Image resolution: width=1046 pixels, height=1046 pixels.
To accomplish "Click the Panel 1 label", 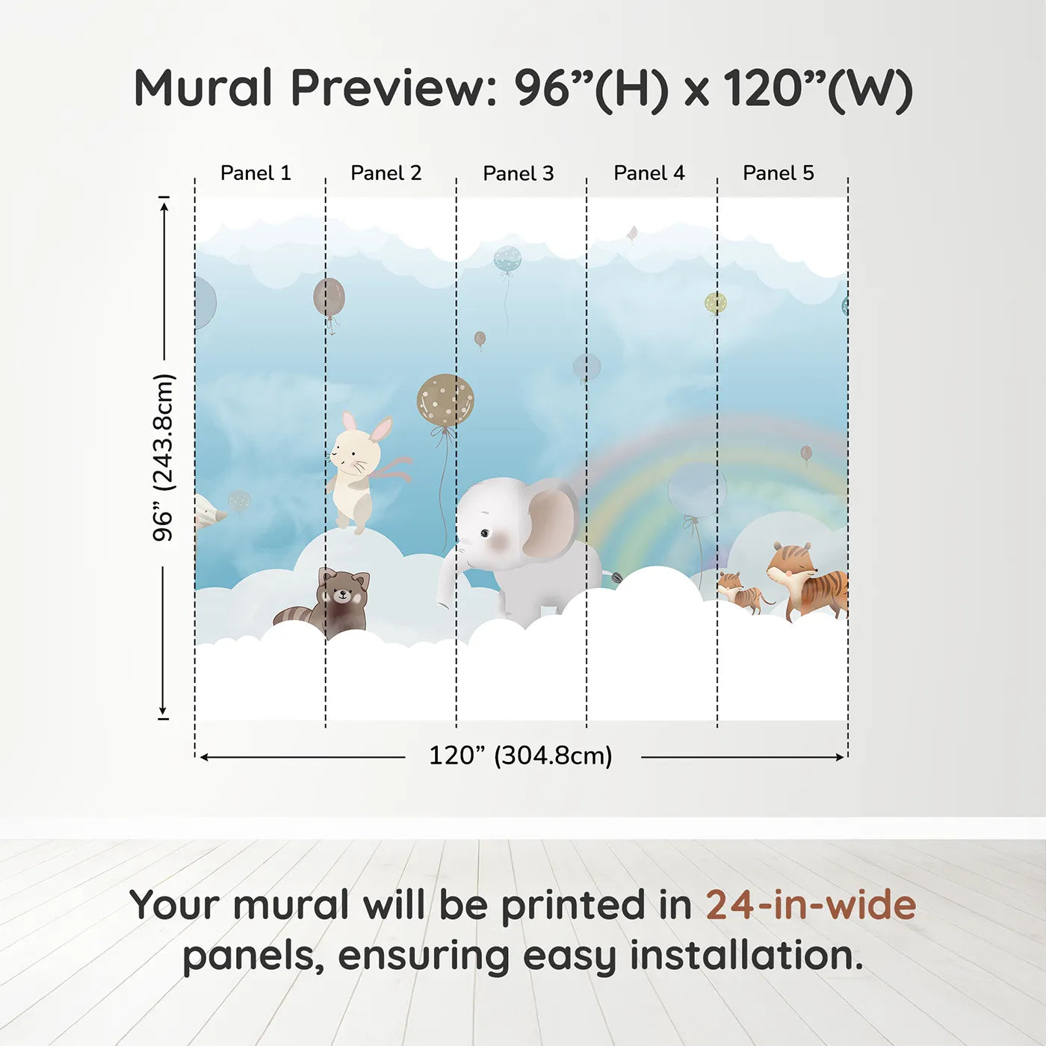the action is pyautogui.click(x=256, y=173).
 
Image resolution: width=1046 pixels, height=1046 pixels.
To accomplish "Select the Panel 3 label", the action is pyautogui.click(x=519, y=173).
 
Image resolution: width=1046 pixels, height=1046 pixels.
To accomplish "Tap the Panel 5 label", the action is pyautogui.click(x=779, y=173).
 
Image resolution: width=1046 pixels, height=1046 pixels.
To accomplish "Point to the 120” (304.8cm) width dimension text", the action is pyautogui.click(x=521, y=755).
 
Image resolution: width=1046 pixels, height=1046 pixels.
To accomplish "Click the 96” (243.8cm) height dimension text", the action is pyautogui.click(x=163, y=457).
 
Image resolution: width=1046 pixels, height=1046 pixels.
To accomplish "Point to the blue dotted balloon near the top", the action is pyautogui.click(x=507, y=259).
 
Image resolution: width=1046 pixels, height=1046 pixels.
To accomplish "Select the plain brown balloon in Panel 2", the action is pyautogui.click(x=329, y=297).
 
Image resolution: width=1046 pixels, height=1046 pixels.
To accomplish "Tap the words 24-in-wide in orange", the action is pyautogui.click(x=811, y=905).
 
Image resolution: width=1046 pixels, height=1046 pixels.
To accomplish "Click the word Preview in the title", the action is pyautogui.click(x=394, y=88).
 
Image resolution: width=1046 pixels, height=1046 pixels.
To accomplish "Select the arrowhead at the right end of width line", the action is pyautogui.click(x=841, y=757).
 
